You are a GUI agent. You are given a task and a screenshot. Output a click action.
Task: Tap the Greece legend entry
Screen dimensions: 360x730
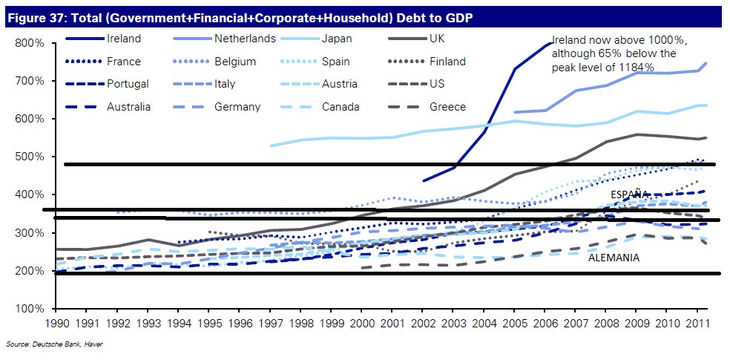click(x=448, y=107)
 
